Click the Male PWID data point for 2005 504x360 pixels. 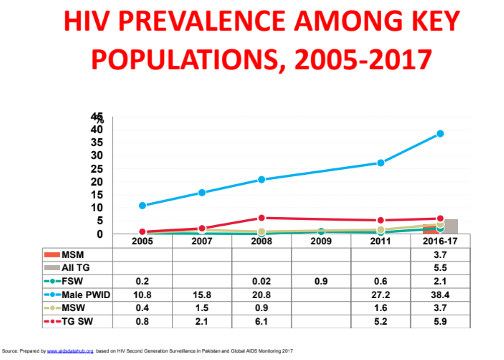[142, 205]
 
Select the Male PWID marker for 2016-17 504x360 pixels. [440, 134]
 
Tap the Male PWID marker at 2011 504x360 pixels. [381, 163]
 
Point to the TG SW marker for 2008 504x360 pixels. [261, 218]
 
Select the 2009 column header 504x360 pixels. [321, 242]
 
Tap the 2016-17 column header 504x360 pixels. [440, 242]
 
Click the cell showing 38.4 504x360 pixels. [440, 295]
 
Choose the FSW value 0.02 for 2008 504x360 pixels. [261, 281]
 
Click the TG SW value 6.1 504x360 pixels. [261, 321]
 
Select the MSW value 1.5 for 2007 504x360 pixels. [202, 308]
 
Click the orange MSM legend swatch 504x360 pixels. [52, 255]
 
